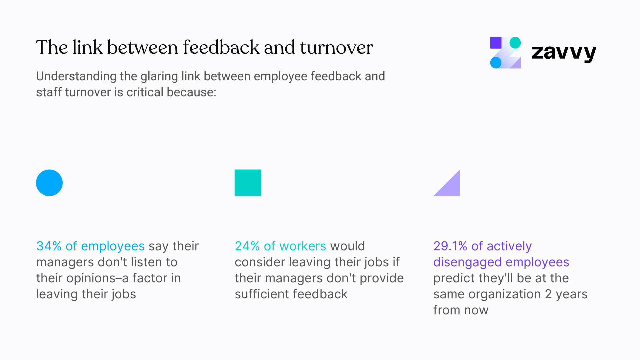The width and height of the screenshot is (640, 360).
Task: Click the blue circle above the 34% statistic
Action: (x=49, y=183)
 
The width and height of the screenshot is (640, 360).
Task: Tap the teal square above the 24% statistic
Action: (x=248, y=183)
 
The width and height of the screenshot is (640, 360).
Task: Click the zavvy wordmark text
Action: (x=564, y=52)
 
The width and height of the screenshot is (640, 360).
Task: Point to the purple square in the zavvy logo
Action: (x=496, y=43)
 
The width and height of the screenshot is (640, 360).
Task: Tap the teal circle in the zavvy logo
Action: (x=515, y=43)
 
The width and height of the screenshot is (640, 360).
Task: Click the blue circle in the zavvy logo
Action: (x=496, y=62)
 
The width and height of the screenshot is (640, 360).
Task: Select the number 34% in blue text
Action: (x=49, y=246)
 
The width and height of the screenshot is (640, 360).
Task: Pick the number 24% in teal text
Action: (x=247, y=246)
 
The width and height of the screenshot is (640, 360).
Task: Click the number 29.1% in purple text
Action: (x=450, y=246)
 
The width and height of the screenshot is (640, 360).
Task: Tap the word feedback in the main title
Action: (x=221, y=47)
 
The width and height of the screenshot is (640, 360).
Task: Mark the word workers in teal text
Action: (x=303, y=246)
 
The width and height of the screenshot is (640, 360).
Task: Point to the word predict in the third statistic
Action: (x=454, y=278)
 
